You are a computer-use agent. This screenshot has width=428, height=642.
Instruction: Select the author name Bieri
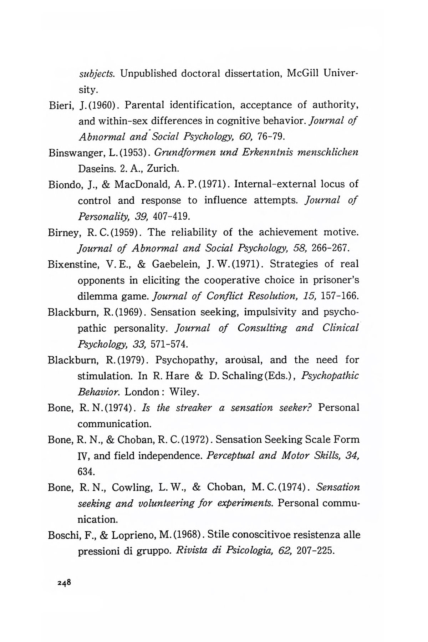point(59,106)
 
